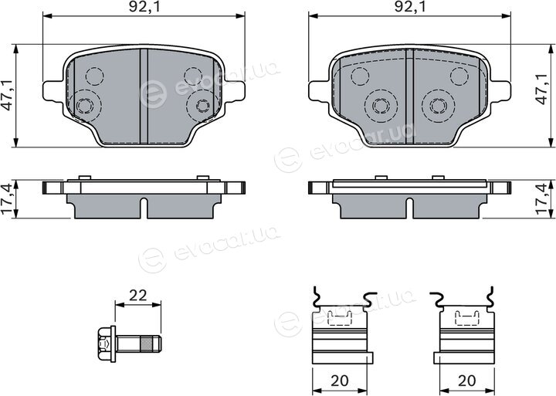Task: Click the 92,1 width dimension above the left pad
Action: (144, 7)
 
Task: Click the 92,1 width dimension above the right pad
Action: (410, 7)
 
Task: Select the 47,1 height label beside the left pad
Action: (8, 95)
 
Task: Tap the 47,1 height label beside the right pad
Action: (542, 90)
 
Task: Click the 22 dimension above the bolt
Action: (138, 295)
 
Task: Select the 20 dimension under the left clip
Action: (339, 381)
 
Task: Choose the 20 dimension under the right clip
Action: (466, 381)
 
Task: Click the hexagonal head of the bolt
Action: (104, 344)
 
